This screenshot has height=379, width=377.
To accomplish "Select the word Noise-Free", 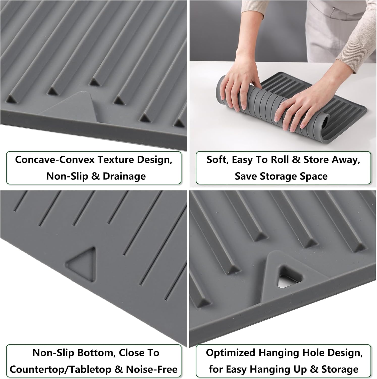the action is point(152,369).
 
